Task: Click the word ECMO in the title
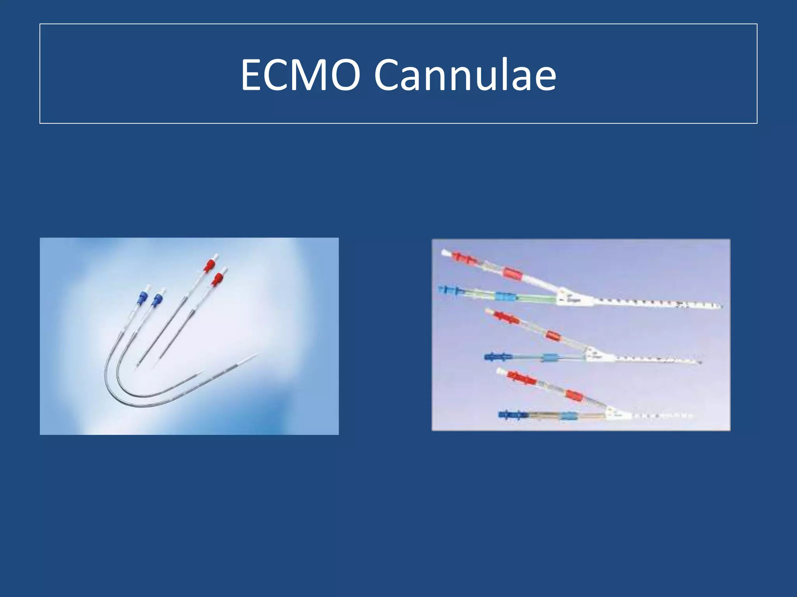click(300, 75)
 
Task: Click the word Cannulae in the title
click(465, 75)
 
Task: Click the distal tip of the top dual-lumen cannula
click(720, 306)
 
